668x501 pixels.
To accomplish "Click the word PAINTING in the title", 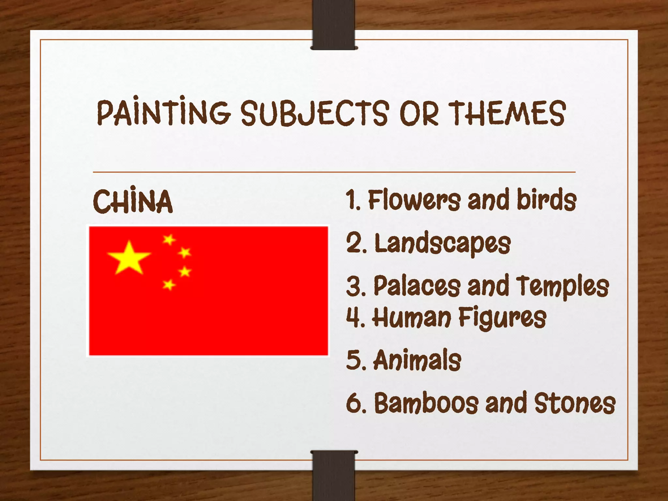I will pos(164,113).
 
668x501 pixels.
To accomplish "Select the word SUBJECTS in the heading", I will pos(315,113).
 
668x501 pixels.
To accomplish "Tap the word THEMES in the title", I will pos(507,113).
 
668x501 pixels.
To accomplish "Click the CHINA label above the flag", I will pos(133,202).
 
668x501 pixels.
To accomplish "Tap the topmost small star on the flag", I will pos(169,240).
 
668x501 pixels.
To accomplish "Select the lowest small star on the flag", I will pos(169,285).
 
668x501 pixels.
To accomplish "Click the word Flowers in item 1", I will pos(414,200).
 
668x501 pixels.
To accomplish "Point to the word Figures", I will pos(502,317).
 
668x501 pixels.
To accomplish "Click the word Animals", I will pos(417,360).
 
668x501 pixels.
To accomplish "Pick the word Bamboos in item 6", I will pos(426,403).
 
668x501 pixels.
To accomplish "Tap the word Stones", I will pos(574,403).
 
